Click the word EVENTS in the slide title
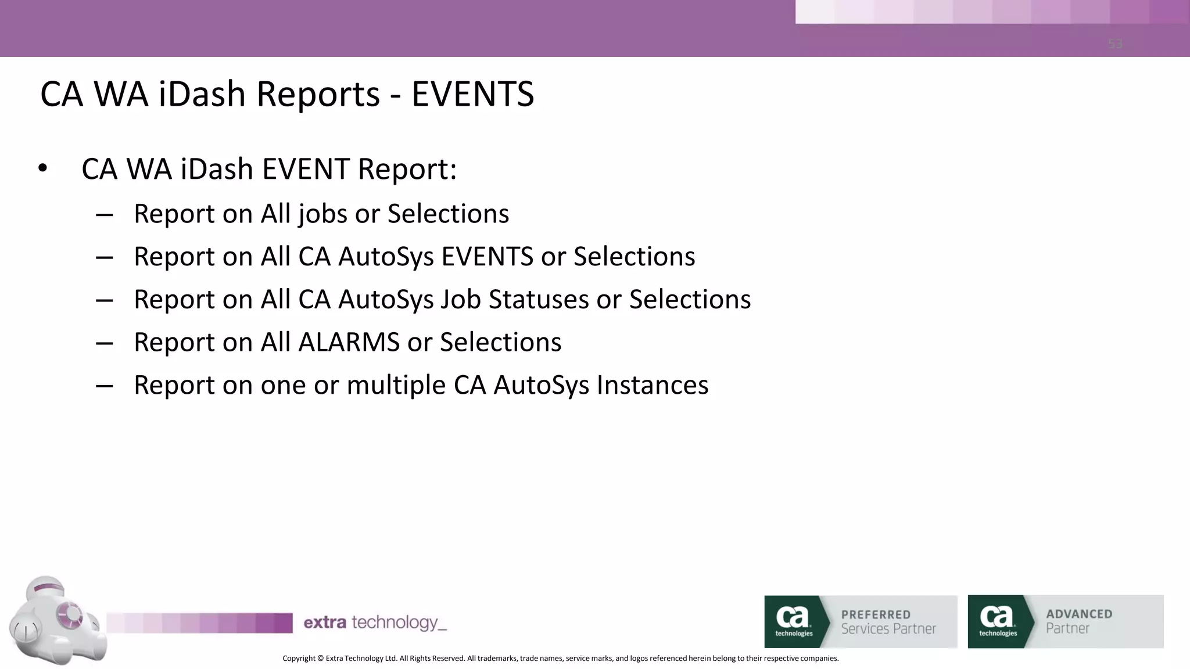pyautogui.click(x=472, y=94)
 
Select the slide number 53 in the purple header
pyautogui.click(x=1115, y=44)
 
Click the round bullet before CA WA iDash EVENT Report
pyautogui.click(x=42, y=169)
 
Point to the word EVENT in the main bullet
pyautogui.click(x=306, y=170)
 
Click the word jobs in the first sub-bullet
pyautogui.click(x=322, y=214)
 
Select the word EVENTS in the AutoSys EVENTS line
pyautogui.click(x=487, y=257)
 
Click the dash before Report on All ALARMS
pyautogui.click(x=105, y=343)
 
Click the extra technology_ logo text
pyautogui.click(x=375, y=623)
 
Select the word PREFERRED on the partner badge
pyautogui.click(x=876, y=614)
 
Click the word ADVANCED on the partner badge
pyautogui.click(x=1079, y=614)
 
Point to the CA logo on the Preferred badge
pyautogui.click(x=793, y=621)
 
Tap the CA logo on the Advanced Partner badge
pyautogui.click(x=997, y=621)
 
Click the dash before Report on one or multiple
pyautogui.click(x=105, y=386)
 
